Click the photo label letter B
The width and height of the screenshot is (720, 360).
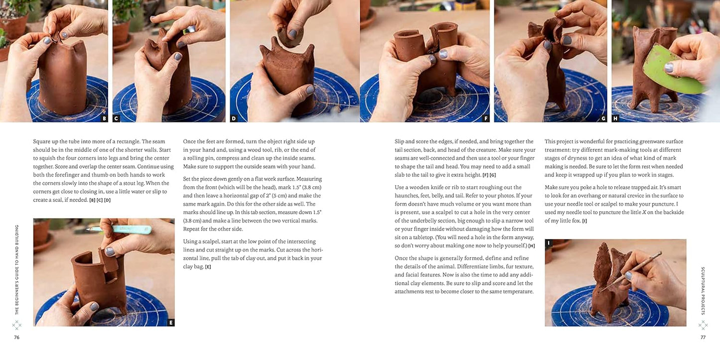[x=104, y=119]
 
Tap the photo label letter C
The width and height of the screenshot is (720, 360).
[x=117, y=119]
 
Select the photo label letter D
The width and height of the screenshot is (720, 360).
[x=234, y=119]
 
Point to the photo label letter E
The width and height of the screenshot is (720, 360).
[x=171, y=323]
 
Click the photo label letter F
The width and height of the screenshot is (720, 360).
[x=486, y=119]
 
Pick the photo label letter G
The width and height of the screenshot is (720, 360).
[x=603, y=119]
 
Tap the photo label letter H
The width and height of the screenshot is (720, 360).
[x=615, y=119]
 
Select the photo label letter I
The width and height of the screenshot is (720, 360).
[x=549, y=243]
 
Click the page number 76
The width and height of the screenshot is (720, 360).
[x=16, y=337]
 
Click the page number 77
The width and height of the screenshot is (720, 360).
[x=703, y=337]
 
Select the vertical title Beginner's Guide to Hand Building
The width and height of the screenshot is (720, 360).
[x=16, y=269]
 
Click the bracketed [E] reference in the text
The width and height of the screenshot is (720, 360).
[x=208, y=267]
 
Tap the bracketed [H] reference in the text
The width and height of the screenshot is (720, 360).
[x=531, y=246]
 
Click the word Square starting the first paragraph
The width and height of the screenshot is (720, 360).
[x=42, y=141]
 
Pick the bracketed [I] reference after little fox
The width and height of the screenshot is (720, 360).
[x=584, y=221]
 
